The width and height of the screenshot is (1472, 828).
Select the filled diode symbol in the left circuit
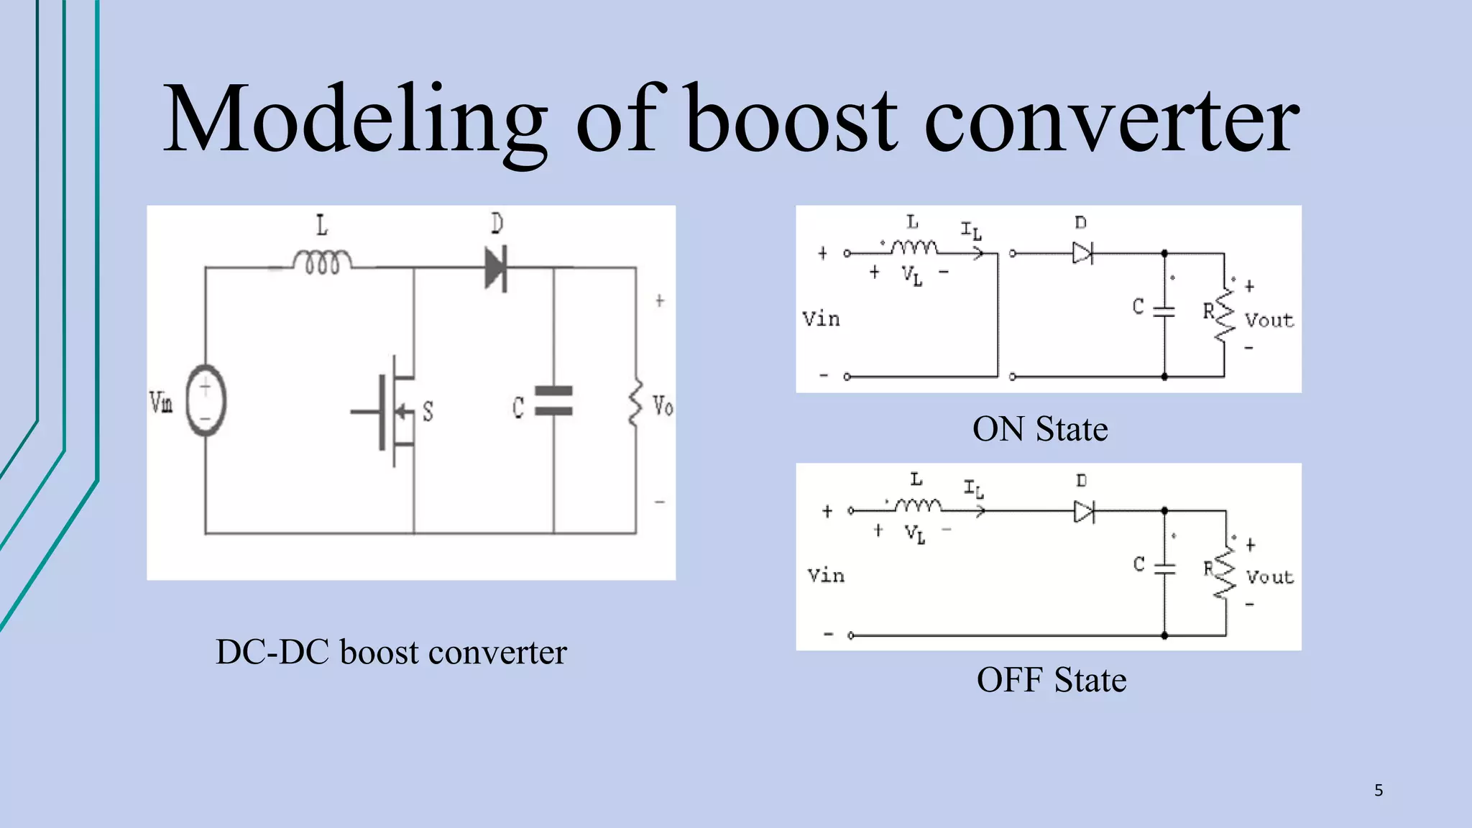pos(496,267)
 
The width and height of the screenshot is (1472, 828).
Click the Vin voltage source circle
pos(206,400)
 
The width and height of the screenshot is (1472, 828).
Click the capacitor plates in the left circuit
pos(554,401)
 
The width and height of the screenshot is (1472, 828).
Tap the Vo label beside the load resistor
pos(663,406)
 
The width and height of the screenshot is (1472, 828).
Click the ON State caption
pos(1039,429)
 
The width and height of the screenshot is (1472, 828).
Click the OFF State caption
pos(1051,680)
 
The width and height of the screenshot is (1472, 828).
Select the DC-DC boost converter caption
pos(391,652)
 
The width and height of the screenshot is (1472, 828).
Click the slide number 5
pos(1378,791)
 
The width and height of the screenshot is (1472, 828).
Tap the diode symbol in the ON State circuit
pos(1082,253)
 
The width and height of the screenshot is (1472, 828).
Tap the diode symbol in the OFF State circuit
pos(1083,512)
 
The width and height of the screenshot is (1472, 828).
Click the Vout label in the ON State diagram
pos(1269,320)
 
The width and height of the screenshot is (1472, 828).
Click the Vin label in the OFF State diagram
pos(826,575)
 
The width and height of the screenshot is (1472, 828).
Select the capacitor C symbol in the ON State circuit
pos(1164,310)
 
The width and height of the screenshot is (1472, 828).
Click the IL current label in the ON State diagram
pos(971,231)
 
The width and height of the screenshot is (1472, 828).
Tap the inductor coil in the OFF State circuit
pos(918,506)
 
